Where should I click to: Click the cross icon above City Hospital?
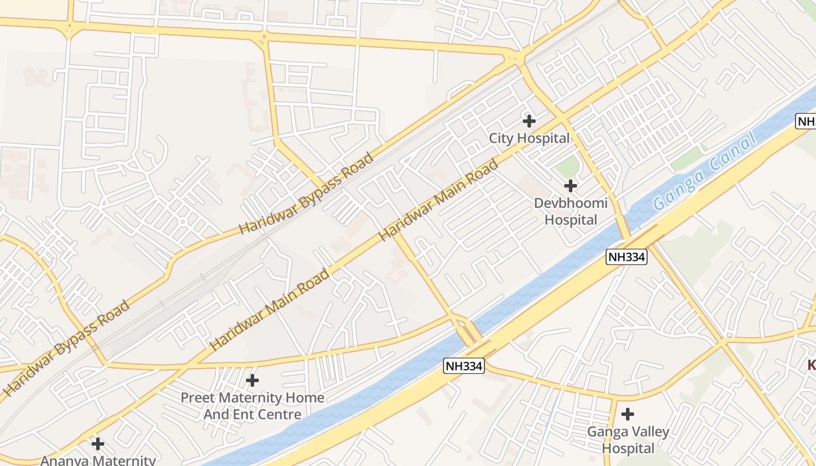529,121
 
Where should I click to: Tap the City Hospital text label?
529,139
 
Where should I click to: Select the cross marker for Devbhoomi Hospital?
571,186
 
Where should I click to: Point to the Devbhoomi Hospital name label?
571,211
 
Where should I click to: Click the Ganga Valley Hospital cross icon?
628,414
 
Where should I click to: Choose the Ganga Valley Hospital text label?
628,440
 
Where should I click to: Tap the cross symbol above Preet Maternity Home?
252,380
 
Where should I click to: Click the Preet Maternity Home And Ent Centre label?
252,406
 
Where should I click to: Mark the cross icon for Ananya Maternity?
98,444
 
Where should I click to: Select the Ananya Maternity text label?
98,460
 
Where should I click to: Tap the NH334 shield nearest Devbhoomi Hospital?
627,257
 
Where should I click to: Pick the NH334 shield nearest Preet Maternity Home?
464,366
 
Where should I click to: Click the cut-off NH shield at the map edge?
806,121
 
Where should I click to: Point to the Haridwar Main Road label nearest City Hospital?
439,200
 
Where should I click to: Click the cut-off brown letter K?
811,365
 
